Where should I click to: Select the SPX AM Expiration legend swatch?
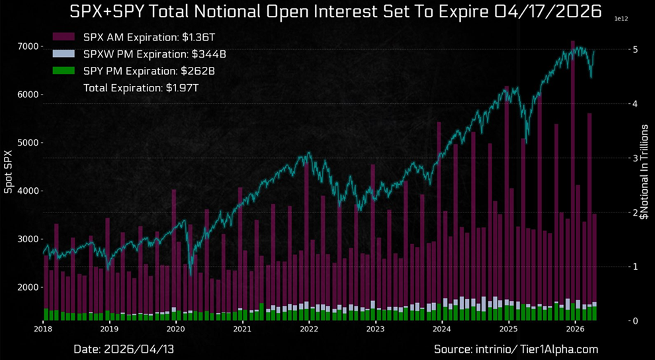coord(65,37)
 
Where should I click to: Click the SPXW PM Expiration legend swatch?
coord(65,54)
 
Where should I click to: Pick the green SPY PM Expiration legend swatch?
coord(65,71)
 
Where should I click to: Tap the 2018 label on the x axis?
coord(43,329)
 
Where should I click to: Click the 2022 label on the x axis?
coord(309,329)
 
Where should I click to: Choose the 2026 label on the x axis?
coord(575,329)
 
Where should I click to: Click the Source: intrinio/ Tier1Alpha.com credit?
coord(516,348)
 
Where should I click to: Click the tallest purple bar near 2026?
coord(573,179)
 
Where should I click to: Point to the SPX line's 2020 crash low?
coord(191,274)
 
